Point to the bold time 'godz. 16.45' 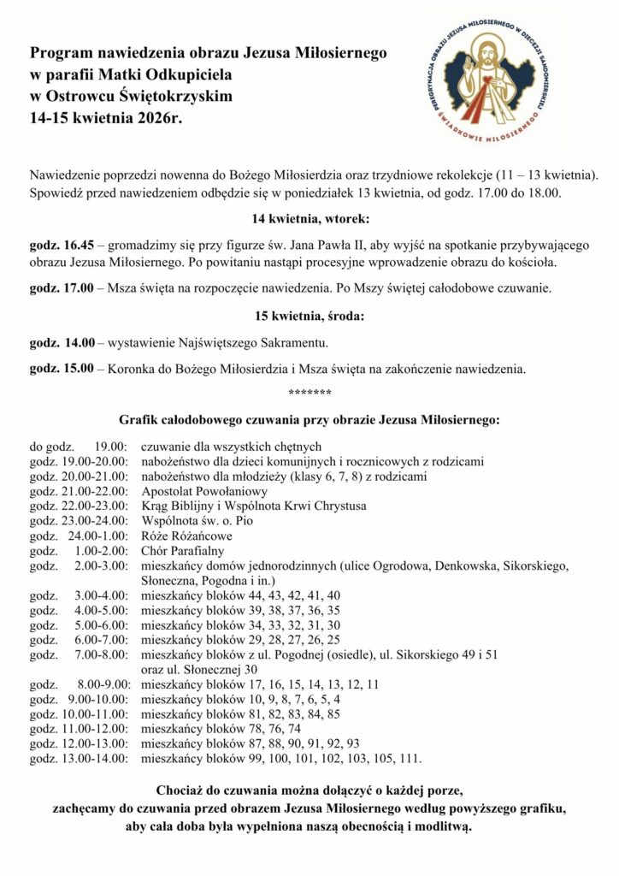(x=62, y=242)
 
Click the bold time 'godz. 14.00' (x=62, y=343)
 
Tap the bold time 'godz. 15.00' (x=62, y=370)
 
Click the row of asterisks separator (x=309, y=393)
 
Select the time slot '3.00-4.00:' (x=101, y=595)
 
